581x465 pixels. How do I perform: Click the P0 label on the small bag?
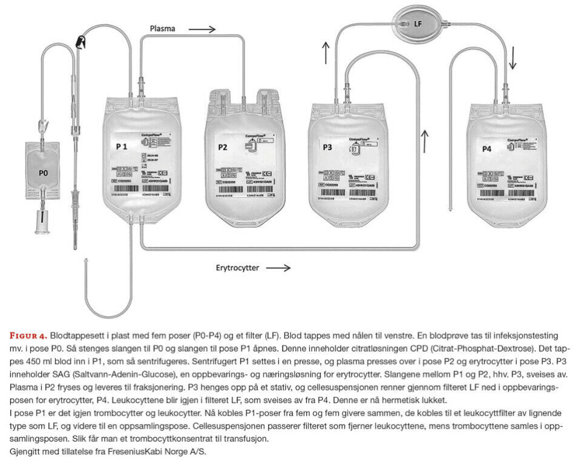43,173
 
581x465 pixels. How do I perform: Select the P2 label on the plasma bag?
222,147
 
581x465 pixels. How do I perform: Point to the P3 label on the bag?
327,147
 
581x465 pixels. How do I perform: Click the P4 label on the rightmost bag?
487,149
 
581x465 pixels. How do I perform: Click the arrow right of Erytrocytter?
278,267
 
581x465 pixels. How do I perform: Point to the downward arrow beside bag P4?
513,59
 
